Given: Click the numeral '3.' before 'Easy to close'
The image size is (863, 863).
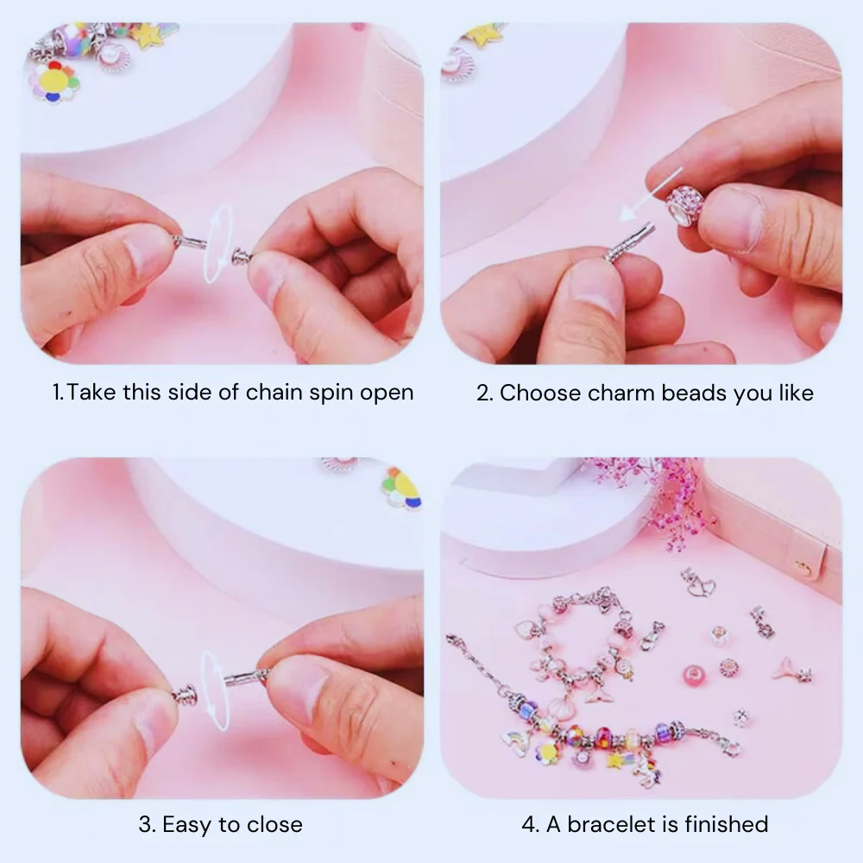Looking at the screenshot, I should [147, 824].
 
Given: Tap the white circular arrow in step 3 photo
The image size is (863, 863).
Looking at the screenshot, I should [215, 690].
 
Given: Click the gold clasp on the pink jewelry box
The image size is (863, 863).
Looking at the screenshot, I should [803, 567].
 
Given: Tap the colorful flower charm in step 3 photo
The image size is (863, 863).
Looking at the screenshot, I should [401, 488].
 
